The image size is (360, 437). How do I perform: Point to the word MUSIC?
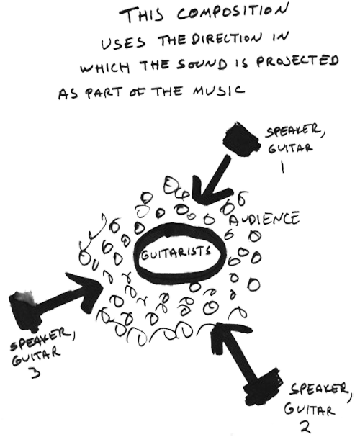click(218, 91)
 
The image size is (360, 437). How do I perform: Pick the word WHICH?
click(105, 67)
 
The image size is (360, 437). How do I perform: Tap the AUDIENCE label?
click(264, 219)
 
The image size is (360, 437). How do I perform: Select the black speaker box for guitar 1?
click(241, 139)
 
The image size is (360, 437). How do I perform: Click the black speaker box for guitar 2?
click(263, 385)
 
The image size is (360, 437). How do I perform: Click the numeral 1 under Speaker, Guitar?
click(282, 166)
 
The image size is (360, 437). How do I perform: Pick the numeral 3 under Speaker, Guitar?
click(36, 372)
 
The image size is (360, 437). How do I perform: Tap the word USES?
click(123, 43)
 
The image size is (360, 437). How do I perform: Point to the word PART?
click(104, 93)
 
